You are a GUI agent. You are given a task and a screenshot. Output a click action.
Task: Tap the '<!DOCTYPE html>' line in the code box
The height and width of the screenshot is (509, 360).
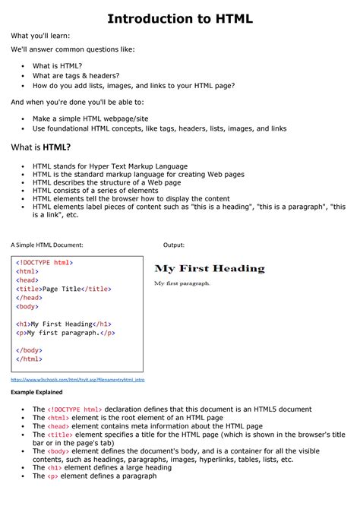[x=45, y=262]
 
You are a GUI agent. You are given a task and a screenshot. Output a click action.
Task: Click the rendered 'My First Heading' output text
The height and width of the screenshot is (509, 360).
[x=210, y=268]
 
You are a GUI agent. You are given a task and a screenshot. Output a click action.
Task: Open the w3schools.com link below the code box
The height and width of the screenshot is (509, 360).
[x=77, y=378]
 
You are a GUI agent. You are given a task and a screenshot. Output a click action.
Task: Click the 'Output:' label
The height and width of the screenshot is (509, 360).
[x=174, y=245]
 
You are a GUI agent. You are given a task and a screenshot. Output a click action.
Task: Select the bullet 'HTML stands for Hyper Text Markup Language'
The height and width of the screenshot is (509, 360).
[x=110, y=165]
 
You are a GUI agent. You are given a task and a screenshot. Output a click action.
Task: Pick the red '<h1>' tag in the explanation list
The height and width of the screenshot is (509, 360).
[x=55, y=468]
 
